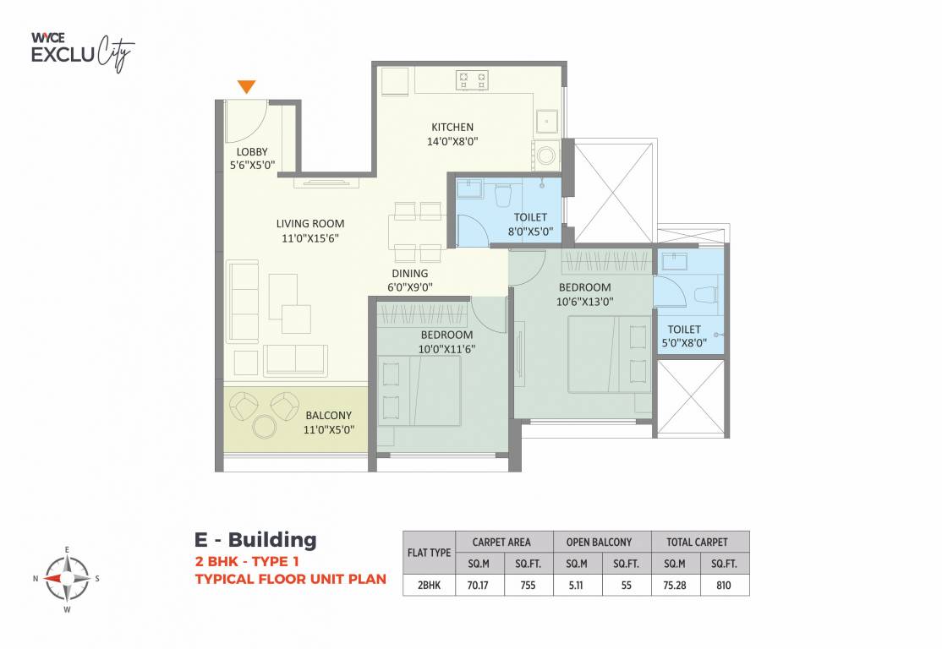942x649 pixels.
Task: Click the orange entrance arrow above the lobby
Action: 246,85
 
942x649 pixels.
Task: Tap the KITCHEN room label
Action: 452,128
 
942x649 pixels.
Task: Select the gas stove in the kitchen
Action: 472,80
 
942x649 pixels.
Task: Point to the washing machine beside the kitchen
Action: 547,155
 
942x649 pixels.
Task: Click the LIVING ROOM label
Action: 310,224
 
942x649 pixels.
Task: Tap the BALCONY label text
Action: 328,415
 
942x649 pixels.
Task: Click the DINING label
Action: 409,274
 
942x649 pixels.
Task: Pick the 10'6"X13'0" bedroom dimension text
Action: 585,301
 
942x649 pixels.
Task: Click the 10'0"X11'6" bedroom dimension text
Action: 446,348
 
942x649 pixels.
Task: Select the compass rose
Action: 66,578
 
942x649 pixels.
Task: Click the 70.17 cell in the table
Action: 479,585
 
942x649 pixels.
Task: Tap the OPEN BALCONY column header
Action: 602,542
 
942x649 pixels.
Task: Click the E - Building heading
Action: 255,539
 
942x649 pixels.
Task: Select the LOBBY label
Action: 252,152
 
